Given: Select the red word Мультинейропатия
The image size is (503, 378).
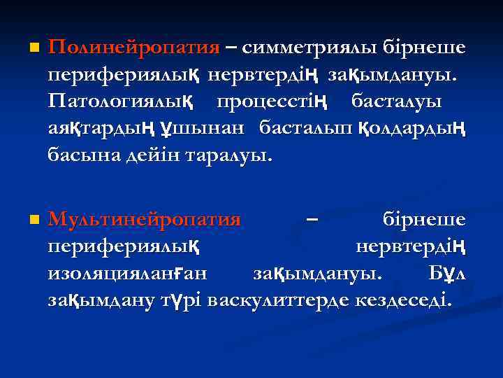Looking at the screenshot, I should tap(144, 220).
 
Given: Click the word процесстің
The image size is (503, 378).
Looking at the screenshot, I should tap(272, 101).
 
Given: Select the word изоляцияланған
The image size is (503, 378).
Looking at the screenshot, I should tap(131, 274).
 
